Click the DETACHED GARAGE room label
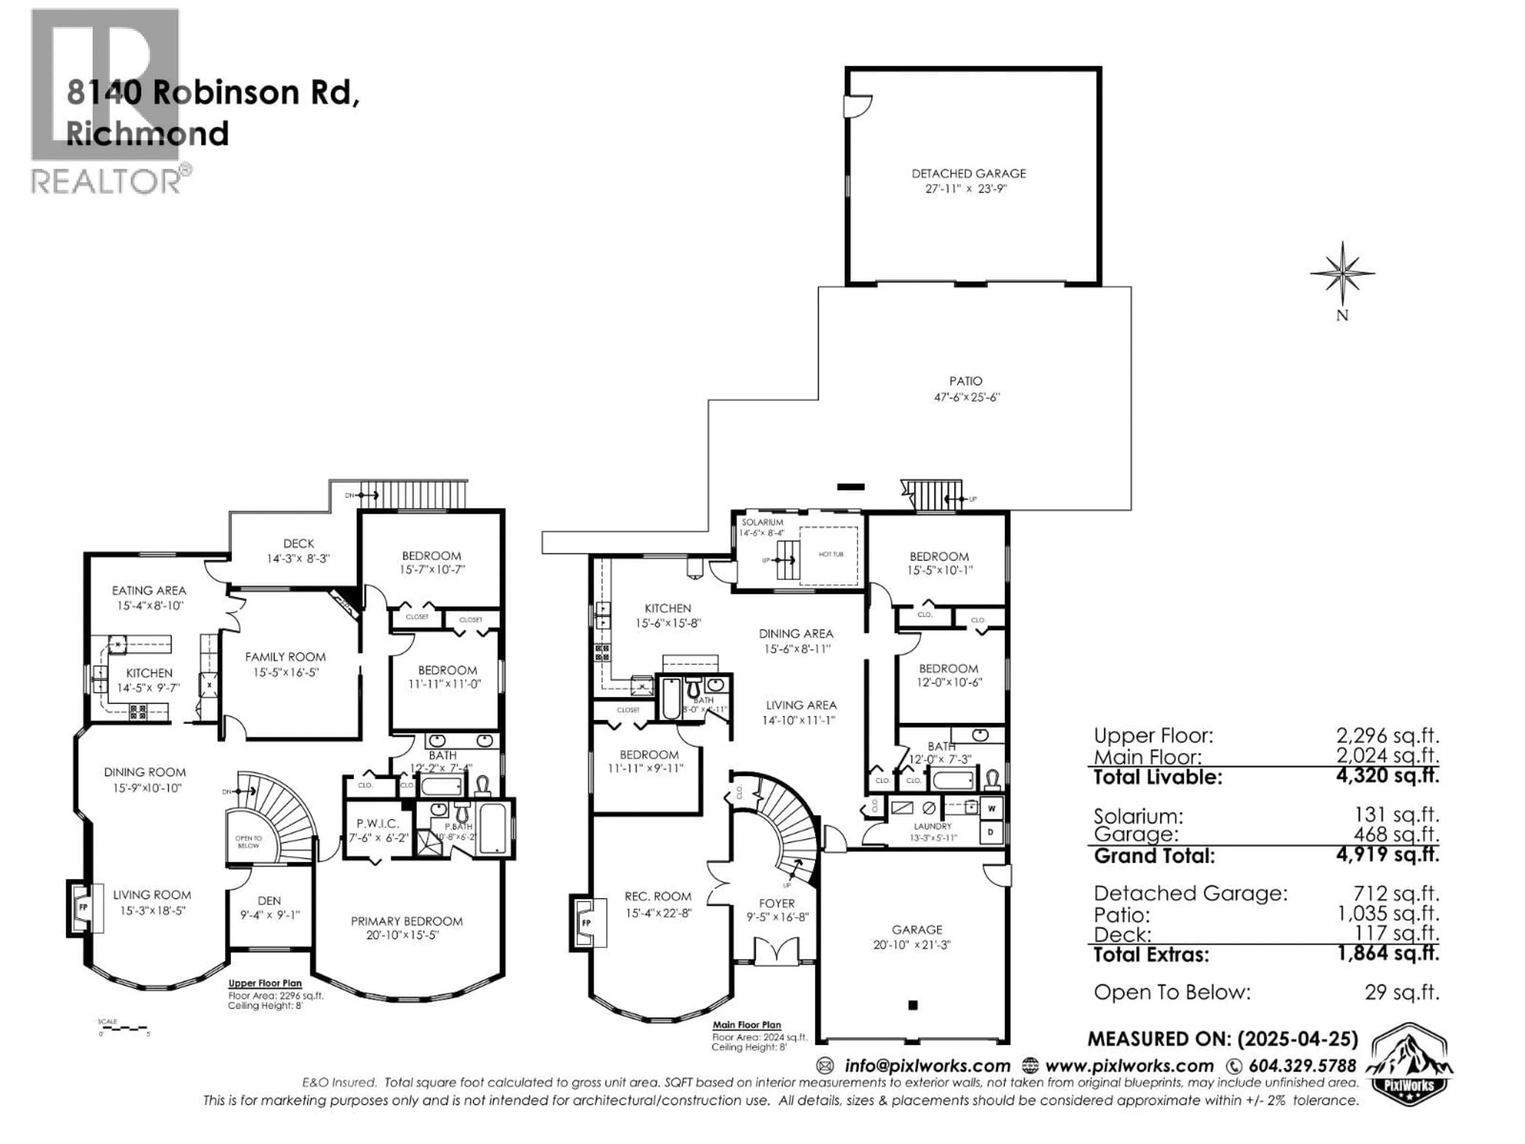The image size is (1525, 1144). click(969, 174)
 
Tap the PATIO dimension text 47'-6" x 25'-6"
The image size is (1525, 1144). click(966, 397)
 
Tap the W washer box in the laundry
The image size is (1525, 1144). click(991, 808)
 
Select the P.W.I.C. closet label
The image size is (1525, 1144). click(378, 823)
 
